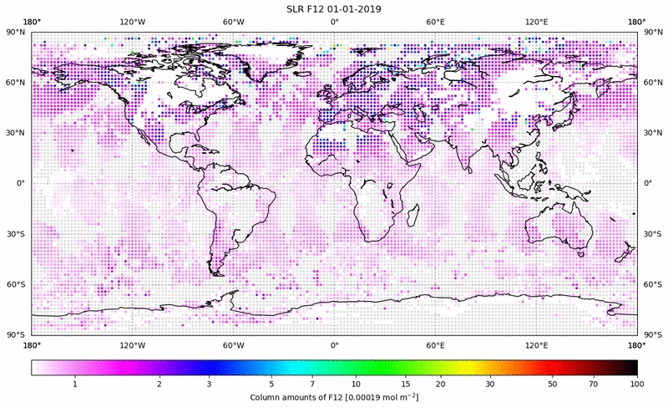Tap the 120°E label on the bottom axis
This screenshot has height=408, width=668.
click(536, 345)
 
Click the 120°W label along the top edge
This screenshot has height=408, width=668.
click(132, 22)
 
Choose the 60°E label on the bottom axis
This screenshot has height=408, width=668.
click(435, 345)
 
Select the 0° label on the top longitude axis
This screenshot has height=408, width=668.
click(334, 22)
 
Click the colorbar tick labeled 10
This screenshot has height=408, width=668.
click(357, 384)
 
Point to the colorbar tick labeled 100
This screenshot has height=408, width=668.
click(636, 384)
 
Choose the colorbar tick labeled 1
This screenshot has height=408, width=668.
click(75, 384)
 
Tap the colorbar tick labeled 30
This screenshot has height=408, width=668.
click(491, 384)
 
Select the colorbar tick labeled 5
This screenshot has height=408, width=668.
click(271, 384)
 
